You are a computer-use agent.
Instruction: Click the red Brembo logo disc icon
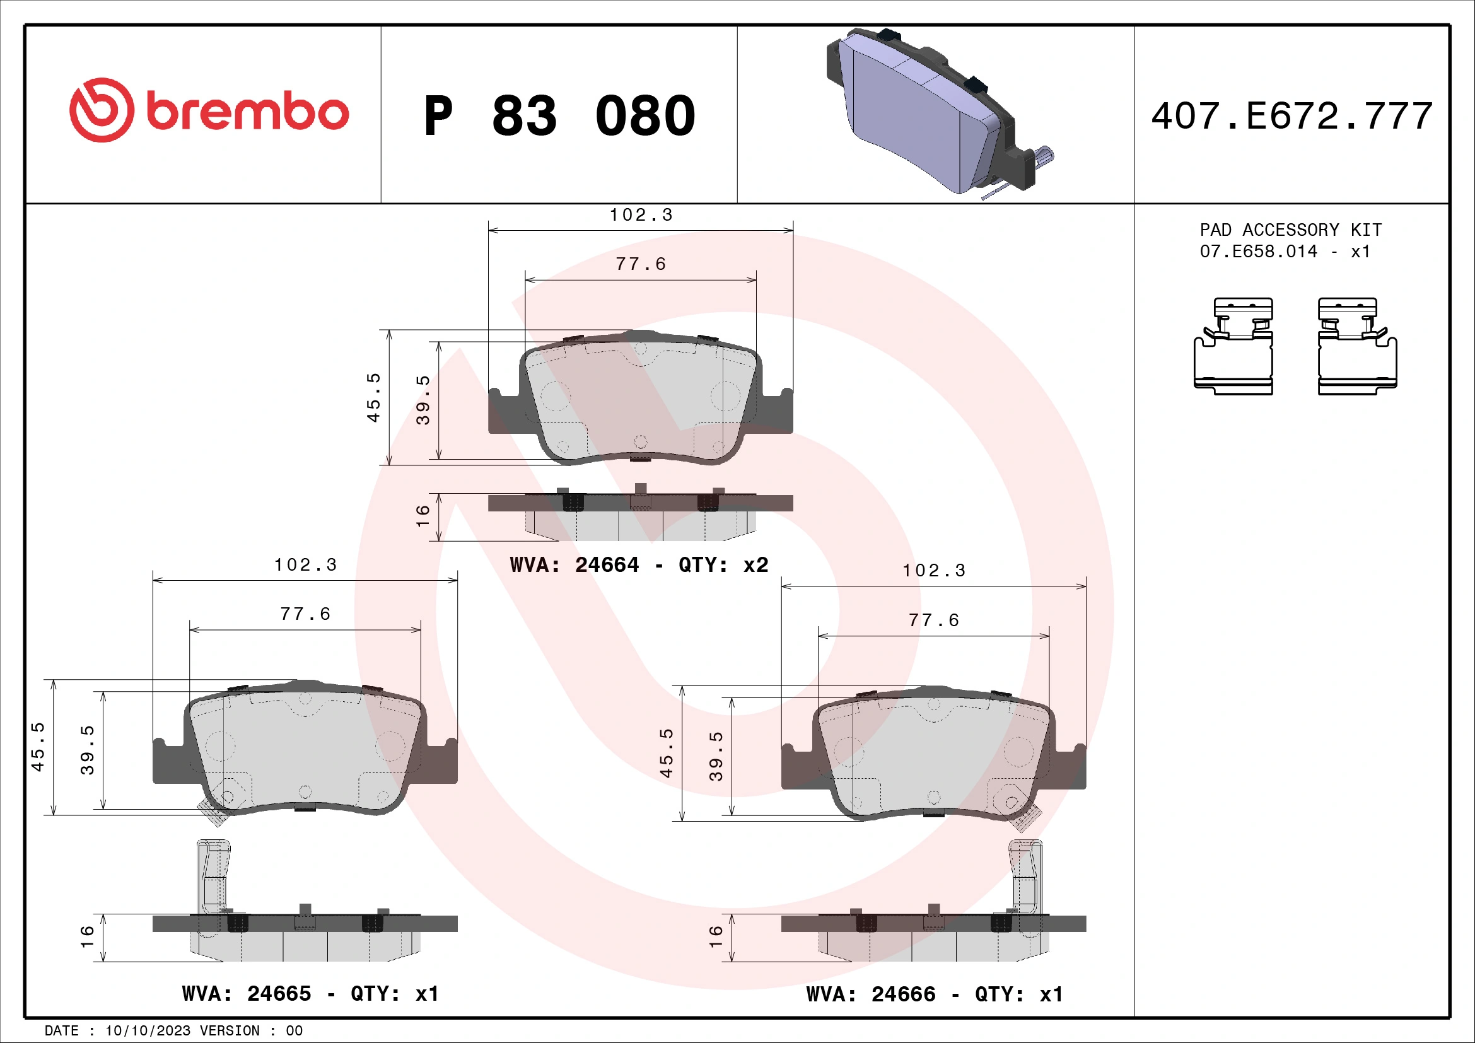[x=102, y=110]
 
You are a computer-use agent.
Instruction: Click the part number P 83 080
[x=559, y=116]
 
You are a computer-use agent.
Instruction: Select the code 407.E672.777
[x=1291, y=116]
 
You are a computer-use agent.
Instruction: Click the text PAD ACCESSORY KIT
[x=1291, y=230]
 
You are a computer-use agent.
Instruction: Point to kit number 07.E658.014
[x=1258, y=251]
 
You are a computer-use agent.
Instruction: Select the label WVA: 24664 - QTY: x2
[x=639, y=565]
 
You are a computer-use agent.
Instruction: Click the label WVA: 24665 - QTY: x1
[x=310, y=994]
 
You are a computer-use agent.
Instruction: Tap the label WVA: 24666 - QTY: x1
[x=935, y=994]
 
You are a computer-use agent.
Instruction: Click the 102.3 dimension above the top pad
[x=641, y=215]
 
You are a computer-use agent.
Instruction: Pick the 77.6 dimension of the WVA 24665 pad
[x=305, y=615]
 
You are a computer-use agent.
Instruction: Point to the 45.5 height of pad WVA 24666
[x=666, y=754]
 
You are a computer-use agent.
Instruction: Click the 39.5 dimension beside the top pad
[x=423, y=400]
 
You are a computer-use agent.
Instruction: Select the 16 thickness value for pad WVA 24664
[x=423, y=516]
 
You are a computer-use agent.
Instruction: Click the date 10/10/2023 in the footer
[x=148, y=1031]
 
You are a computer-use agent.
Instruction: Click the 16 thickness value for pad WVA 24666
[x=716, y=937]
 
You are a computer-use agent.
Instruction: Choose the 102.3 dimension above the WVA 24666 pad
[x=934, y=571]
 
